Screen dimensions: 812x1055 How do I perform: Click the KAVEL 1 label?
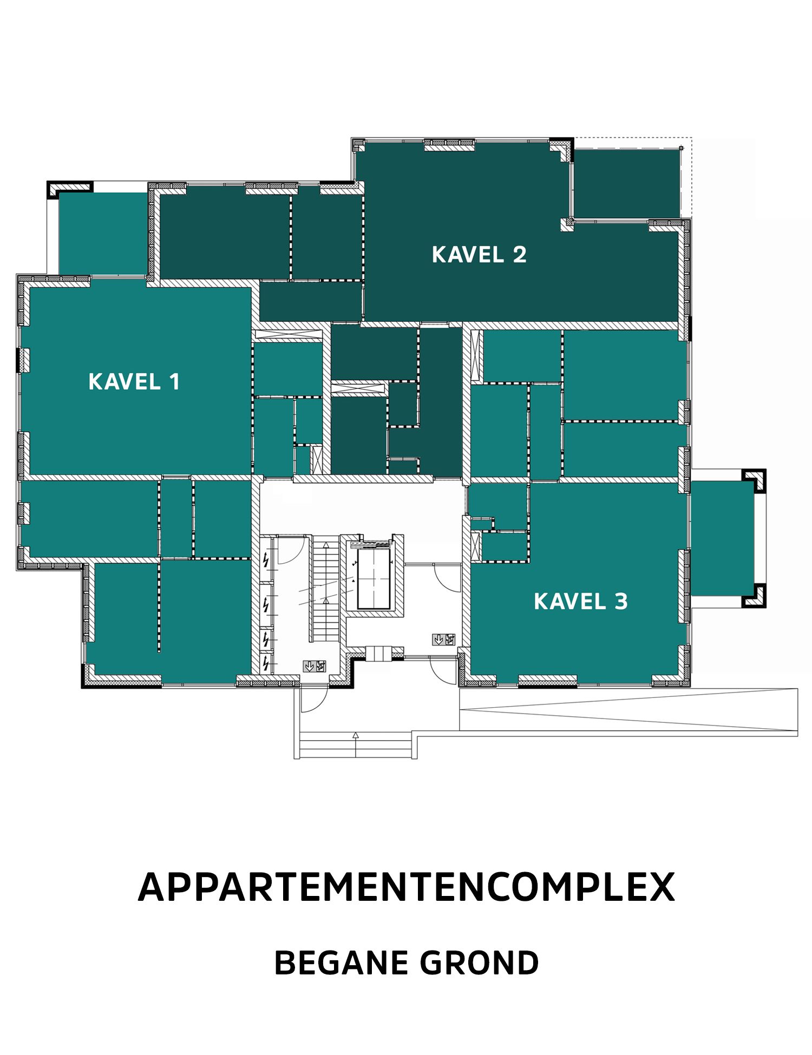134,382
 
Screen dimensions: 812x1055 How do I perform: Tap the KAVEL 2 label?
479,255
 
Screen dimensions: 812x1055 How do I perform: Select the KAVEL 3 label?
580,602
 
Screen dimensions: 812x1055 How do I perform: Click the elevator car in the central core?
374,579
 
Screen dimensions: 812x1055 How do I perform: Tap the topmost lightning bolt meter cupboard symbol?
265,560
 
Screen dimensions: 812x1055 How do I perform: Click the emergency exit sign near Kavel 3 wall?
443,640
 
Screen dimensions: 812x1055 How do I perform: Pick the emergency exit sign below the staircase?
315,666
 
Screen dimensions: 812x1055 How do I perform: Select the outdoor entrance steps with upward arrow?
355,745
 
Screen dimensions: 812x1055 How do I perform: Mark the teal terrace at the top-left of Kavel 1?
103,233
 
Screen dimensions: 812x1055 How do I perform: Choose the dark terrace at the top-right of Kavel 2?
626,184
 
